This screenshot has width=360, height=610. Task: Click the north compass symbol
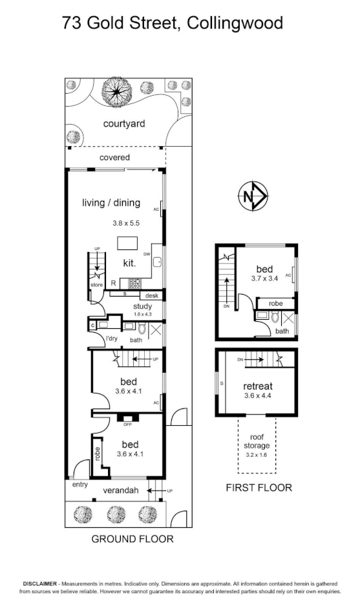[253, 196]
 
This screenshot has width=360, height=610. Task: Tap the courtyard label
[123, 123]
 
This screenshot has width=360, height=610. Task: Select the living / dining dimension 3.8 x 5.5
[126, 224]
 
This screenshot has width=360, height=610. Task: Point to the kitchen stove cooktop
[136, 283]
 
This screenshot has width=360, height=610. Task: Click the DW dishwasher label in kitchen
[147, 255]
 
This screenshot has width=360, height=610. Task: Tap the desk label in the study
[152, 296]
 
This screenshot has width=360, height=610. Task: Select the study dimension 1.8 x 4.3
[142, 314]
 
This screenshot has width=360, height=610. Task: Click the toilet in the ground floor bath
[142, 329]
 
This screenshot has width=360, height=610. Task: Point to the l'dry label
[112, 339]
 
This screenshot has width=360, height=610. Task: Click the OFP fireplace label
[127, 425]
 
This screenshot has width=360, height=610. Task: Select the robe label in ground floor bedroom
[98, 454]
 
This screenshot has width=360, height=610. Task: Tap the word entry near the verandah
[79, 485]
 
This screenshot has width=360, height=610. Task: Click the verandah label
[121, 490]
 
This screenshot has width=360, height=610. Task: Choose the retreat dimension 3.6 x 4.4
[258, 396]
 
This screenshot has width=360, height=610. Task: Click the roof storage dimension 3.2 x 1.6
[256, 455]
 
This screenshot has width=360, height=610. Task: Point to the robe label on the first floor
[275, 304]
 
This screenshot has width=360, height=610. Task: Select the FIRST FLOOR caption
[259, 487]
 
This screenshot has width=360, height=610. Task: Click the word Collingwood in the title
[235, 23]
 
